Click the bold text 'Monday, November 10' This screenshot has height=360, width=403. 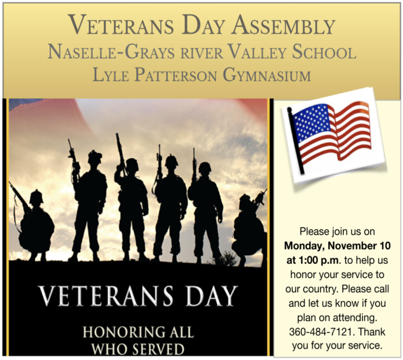(x=337, y=246)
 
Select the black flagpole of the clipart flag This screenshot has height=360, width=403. (x=296, y=140)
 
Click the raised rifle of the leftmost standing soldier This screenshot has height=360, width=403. (x=72, y=156)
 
